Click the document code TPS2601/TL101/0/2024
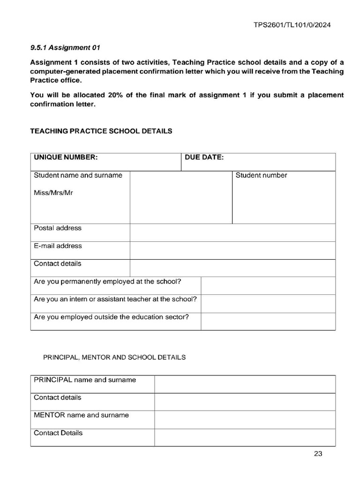(x=292, y=25)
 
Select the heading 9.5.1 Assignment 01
(x=65, y=47)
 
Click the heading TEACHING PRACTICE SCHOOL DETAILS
(x=101, y=131)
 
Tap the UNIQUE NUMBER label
(x=66, y=157)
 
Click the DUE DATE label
(x=204, y=157)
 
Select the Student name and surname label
(x=78, y=175)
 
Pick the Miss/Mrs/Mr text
(x=53, y=193)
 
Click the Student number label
(x=261, y=175)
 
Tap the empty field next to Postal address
(x=232, y=232)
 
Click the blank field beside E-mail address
(x=232, y=250)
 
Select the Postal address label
(x=58, y=228)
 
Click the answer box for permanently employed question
(x=268, y=285)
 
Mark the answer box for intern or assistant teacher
(x=268, y=303)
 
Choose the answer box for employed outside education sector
(x=268, y=321)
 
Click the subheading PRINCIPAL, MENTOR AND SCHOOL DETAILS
(x=114, y=357)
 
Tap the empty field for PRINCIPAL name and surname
(x=245, y=384)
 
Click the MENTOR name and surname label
(x=81, y=415)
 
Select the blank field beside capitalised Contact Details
(x=245, y=437)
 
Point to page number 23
(x=318, y=454)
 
